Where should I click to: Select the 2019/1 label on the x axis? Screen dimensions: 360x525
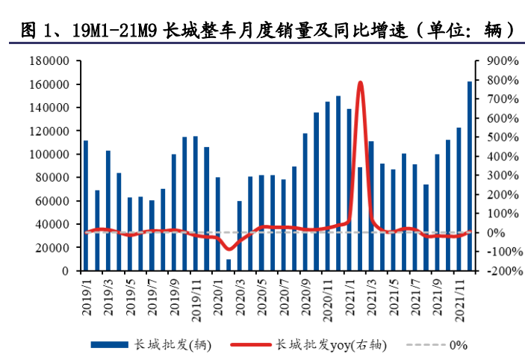tap(85, 288)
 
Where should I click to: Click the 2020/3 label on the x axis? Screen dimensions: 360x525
tap(240, 288)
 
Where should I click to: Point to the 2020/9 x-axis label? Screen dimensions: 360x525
tap(306, 288)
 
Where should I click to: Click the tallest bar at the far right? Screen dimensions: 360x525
tap(470, 176)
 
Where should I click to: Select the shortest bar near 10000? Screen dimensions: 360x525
tap(229, 265)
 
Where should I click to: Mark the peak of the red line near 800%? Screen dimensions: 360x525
tap(360, 82)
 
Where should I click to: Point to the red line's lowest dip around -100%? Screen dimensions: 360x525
tap(229, 249)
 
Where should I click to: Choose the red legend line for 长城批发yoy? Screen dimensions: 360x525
tap(249, 344)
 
